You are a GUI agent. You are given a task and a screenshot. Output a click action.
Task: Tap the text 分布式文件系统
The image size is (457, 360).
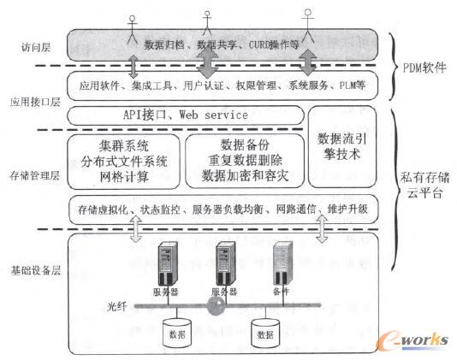124,160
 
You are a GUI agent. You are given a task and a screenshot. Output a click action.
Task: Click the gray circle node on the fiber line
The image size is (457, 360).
218,304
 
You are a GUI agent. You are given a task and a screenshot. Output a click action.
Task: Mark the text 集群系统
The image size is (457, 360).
124,143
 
